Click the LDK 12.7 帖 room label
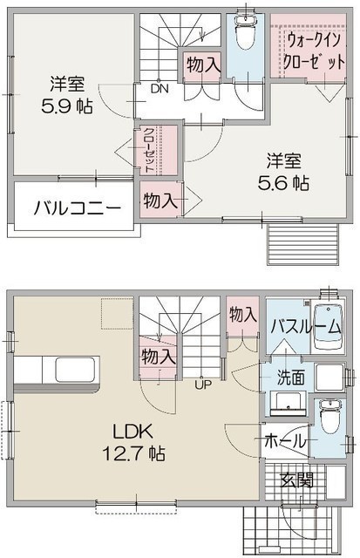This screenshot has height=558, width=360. pos(133,442)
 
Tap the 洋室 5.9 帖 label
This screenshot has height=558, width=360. pos(67,95)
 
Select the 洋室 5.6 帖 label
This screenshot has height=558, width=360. pos(283,172)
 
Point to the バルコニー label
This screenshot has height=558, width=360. pos(78,208)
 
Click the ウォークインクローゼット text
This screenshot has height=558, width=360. pos(314,51)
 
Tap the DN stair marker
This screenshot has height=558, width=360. pos(160,89)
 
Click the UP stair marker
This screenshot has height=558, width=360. pos(203,384)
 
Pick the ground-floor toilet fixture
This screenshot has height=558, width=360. pos(330,416)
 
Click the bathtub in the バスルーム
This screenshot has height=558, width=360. pos(328,327)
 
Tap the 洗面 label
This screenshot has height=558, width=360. pos(290,378)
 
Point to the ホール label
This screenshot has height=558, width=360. pos(285,442)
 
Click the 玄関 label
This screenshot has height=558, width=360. pos(297,480)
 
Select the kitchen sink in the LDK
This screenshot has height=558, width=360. pos(75,370)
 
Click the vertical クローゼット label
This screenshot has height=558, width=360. pos(149,149)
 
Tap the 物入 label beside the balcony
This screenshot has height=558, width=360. pos(160,201)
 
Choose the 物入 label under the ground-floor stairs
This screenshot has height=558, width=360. pos(159,357)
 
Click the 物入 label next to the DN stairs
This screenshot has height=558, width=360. pos(204,65)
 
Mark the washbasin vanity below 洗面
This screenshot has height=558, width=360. pos(288,404)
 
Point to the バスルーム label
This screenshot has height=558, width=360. pos(306,327)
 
